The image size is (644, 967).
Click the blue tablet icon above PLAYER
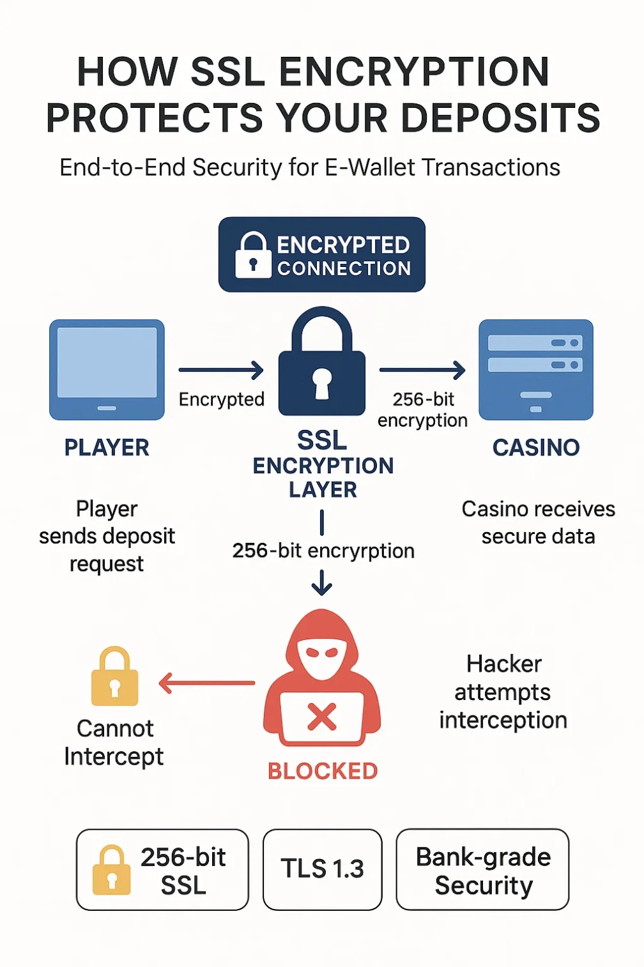(107, 369)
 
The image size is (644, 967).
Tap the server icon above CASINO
(535, 369)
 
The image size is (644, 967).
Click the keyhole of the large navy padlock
(322, 383)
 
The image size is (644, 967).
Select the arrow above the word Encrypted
(221, 370)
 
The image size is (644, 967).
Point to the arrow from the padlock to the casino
(422, 370)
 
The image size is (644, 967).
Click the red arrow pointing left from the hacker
(206, 683)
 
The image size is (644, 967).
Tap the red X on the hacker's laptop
(322, 717)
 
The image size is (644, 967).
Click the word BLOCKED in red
(323, 771)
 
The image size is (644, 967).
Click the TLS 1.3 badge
(322, 869)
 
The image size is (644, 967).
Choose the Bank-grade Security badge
(482, 869)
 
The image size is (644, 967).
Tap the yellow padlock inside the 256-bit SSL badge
(112, 871)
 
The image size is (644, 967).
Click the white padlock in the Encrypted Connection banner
(253, 255)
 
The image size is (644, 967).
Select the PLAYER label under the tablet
(107, 448)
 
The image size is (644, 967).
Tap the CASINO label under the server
(535, 448)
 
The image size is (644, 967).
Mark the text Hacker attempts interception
(503, 692)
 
